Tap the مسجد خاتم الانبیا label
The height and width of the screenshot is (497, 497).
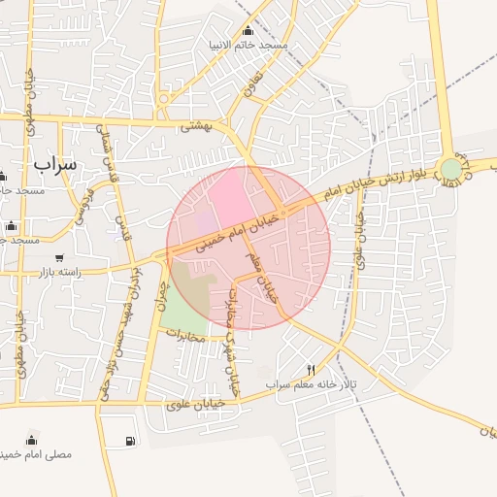pos(247,46)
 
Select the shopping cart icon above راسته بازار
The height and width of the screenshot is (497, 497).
pos(60,258)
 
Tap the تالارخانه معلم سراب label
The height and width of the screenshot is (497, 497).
pos(313,384)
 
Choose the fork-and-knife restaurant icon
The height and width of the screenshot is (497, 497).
pos(312,369)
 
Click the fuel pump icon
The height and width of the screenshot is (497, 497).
pos(130,442)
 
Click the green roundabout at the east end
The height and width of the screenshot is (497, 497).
pos(450,170)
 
